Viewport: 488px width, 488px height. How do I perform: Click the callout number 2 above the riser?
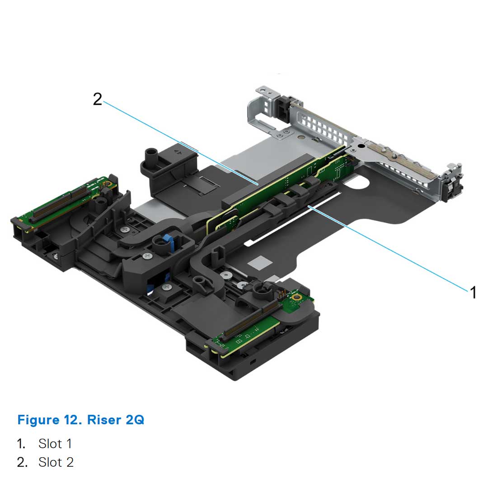point(98,99)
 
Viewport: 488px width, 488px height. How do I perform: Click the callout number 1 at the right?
point(473,292)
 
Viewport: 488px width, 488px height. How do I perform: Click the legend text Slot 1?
point(55,443)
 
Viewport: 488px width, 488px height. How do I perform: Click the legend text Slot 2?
point(56,462)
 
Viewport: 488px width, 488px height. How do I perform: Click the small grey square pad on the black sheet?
point(260,262)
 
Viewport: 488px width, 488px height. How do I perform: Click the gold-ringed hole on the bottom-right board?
point(297,297)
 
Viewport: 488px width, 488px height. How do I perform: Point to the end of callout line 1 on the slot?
point(309,206)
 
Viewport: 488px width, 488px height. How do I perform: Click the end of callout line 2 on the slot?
point(257,184)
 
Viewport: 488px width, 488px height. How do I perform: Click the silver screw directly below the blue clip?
point(148,257)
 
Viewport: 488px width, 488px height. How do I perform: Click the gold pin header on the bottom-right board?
point(283,295)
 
